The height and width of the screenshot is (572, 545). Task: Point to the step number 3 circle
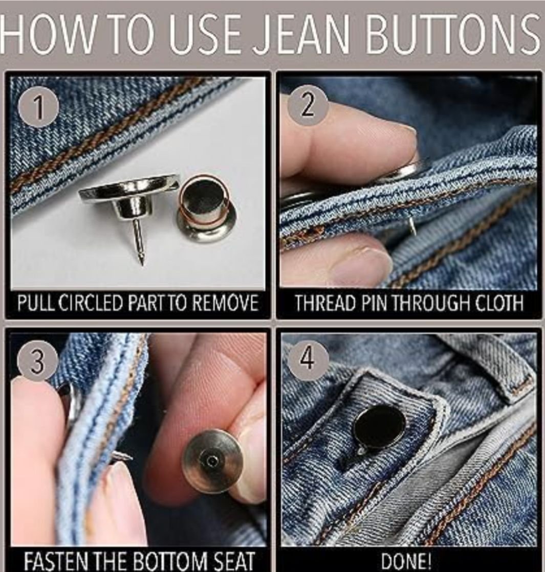[38, 361]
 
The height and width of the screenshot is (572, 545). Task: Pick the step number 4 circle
[307, 359]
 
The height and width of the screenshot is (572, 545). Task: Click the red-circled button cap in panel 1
[205, 209]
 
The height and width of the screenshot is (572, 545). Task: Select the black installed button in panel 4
[379, 425]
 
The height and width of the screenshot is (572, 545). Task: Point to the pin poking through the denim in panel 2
[411, 226]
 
